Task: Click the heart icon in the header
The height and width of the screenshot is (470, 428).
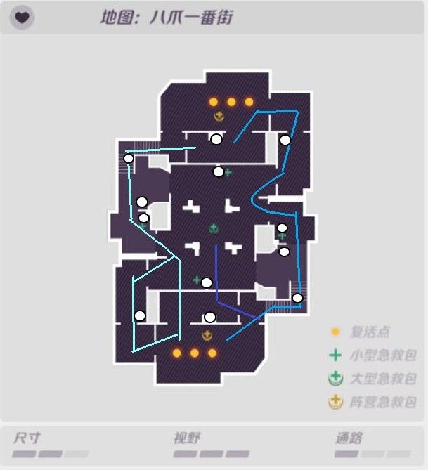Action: (x=22, y=18)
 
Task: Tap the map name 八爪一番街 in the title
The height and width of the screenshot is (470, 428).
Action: (x=190, y=18)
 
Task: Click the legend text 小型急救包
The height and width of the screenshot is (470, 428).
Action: (x=382, y=355)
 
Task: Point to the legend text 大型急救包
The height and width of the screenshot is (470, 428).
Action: (x=382, y=379)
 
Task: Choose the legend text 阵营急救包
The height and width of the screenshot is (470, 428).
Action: (x=382, y=403)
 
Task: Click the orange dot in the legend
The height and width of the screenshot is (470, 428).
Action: (x=336, y=332)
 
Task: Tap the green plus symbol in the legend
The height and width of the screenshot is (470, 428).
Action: (x=336, y=355)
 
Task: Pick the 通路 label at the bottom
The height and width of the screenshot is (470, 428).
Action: (x=349, y=438)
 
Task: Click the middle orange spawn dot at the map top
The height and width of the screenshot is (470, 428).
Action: (x=231, y=102)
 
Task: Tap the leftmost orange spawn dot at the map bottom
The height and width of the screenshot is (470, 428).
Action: (x=177, y=353)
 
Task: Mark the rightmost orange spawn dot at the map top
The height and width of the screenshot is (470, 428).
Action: (x=249, y=102)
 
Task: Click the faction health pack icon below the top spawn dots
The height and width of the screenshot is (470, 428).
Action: (x=219, y=116)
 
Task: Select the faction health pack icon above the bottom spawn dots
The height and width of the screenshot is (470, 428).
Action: (x=207, y=336)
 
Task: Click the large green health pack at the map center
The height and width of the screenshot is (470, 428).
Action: (x=213, y=228)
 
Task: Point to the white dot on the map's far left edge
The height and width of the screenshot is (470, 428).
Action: (x=129, y=158)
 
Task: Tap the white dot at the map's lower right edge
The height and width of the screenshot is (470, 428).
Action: (x=297, y=298)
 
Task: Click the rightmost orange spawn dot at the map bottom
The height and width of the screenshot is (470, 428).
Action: (x=212, y=353)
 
